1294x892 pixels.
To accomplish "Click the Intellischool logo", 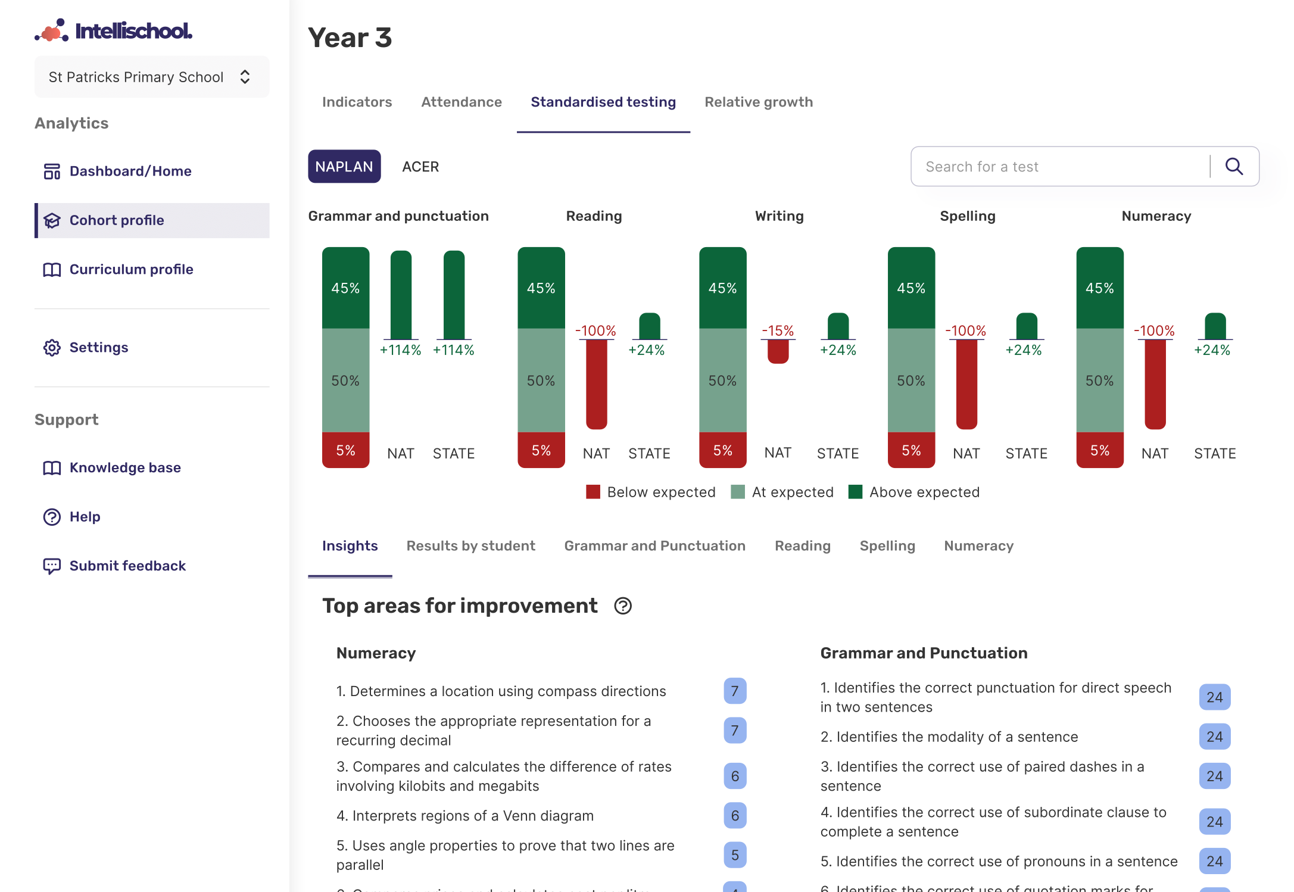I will click(113, 30).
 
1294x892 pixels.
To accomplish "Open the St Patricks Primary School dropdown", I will click(151, 77).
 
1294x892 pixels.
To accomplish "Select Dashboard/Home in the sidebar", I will click(130, 171).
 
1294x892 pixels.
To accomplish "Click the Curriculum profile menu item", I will click(131, 270).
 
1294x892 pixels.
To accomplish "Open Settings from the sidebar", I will click(98, 348).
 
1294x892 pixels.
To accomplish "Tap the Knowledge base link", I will click(124, 468).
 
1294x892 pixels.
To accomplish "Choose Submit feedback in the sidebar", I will click(127, 566).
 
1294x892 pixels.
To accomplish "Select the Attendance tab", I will click(461, 102).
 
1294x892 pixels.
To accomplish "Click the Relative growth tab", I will click(758, 102).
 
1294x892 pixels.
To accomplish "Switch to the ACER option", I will click(420, 167).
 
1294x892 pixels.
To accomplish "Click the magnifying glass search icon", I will click(1234, 167).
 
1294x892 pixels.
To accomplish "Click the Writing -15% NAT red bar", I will click(778, 351).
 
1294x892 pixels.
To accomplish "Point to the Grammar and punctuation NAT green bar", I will click(401, 295).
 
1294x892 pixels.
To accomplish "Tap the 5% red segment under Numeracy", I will click(1099, 450).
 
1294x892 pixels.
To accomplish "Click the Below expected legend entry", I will click(650, 492).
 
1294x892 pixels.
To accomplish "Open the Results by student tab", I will click(470, 546).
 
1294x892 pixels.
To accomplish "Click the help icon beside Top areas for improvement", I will click(623, 606).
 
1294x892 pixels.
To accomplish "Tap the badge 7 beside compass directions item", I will click(734, 691).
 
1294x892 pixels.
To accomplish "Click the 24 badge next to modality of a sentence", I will click(1214, 737).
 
